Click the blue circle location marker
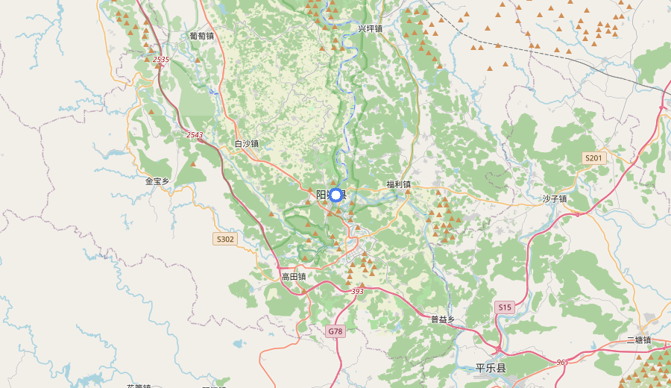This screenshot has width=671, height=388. (x=335, y=195)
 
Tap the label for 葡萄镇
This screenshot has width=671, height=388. (x=201, y=35)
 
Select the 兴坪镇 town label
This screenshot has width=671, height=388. (x=370, y=28)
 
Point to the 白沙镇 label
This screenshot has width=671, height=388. (x=246, y=143)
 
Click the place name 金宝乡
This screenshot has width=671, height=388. (x=157, y=181)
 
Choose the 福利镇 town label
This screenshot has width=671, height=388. (x=398, y=184)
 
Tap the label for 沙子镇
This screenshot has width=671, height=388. (x=555, y=198)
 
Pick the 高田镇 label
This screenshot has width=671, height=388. (x=294, y=276)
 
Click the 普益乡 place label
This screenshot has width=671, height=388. (x=443, y=319)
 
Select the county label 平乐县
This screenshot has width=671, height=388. (x=491, y=368)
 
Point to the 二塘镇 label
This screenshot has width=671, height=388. (x=639, y=339)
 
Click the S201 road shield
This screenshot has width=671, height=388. (x=593, y=158)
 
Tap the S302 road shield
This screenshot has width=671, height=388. (x=224, y=239)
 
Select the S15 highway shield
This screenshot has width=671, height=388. (x=505, y=307)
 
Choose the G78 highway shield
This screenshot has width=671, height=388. (x=335, y=331)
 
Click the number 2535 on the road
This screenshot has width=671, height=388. (x=161, y=58)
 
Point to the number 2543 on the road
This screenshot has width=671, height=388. (x=195, y=134)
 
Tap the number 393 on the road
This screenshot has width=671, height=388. (x=357, y=291)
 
